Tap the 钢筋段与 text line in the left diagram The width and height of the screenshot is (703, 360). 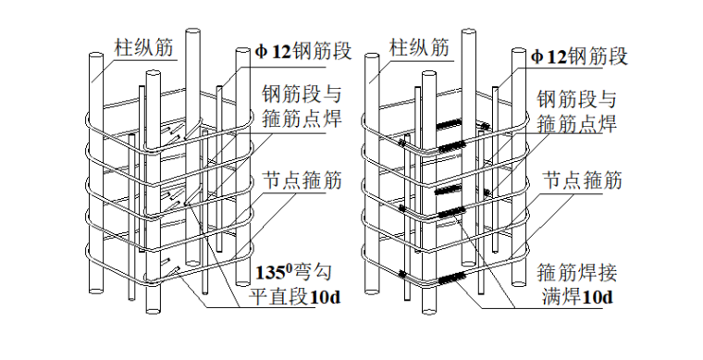(302, 95)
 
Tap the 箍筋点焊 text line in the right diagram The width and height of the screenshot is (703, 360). (580, 122)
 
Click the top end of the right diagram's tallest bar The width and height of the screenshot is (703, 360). (471, 32)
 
